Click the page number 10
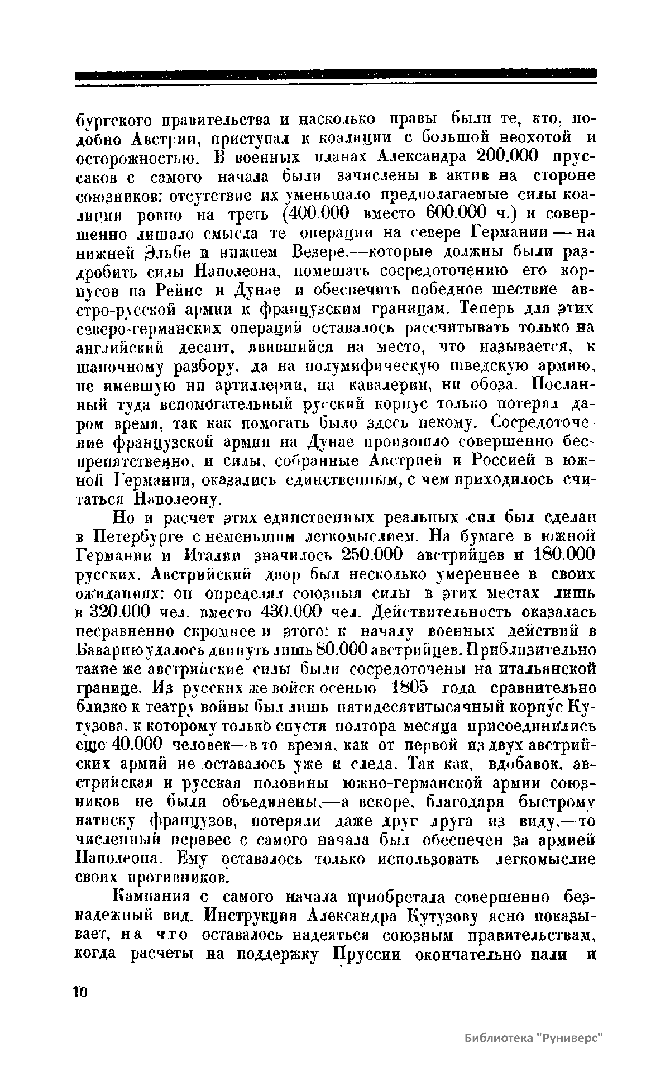[81, 991]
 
